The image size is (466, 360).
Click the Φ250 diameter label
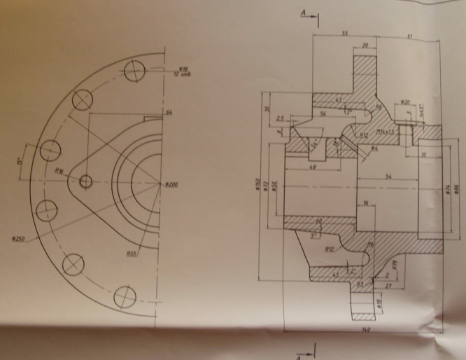coord(18,239)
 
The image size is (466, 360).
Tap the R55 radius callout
coord(131,254)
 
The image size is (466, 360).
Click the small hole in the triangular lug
coord(86,182)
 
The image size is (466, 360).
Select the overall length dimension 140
coord(365,328)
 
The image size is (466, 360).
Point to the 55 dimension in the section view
coord(345,34)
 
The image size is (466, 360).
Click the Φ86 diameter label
coord(456,188)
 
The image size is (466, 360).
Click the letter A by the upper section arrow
coord(303,12)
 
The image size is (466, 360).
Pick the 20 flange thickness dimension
coord(366,46)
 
